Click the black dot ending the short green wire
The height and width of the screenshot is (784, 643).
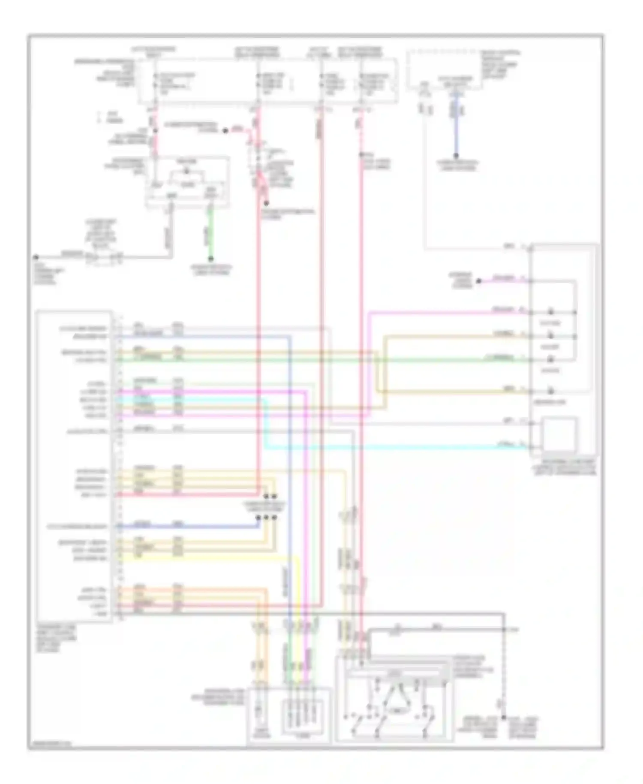pyautogui.click(x=210, y=259)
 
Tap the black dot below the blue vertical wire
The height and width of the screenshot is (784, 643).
pyautogui.click(x=456, y=156)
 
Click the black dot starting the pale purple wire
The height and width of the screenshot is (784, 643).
pyautogui.click(x=479, y=281)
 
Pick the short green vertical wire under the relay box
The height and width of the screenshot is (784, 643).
pyautogui.click(x=210, y=234)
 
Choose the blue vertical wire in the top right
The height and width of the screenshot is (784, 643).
pyautogui.click(x=456, y=129)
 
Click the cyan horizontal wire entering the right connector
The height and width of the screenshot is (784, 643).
pyautogui.click(x=386, y=448)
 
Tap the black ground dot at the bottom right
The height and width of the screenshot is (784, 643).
pyautogui.click(x=504, y=717)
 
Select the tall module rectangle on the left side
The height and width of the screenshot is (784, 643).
pyautogui.click(x=75, y=465)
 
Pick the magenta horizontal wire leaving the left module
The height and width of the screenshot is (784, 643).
pyautogui.click(x=214, y=391)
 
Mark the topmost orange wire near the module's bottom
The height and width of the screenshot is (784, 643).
pyautogui.click(x=193, y=590)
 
